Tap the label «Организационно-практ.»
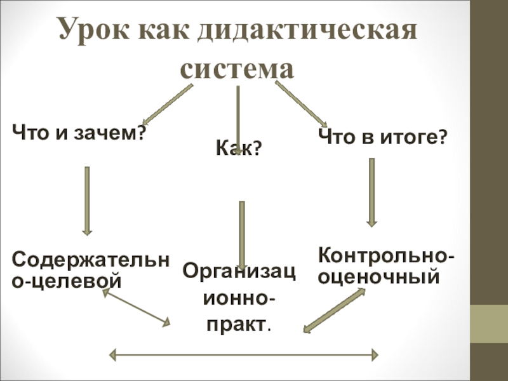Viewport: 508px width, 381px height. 239,298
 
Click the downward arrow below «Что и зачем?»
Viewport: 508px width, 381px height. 88,200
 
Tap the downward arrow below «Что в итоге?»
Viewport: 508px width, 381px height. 371,192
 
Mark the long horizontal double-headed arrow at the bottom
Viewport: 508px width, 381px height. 245,354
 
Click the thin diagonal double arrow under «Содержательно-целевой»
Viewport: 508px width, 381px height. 137,305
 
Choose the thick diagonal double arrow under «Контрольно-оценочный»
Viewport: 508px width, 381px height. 334,311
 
